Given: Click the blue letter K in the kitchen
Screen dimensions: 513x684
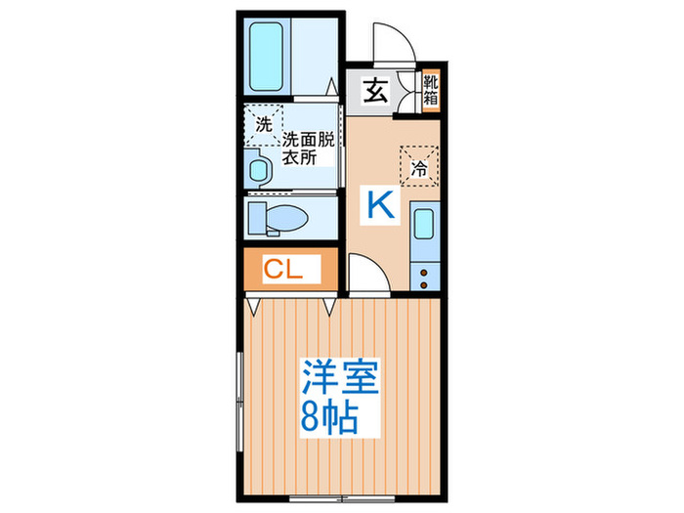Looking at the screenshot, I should pos(381,204).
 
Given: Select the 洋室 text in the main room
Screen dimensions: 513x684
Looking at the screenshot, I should pos(339,376).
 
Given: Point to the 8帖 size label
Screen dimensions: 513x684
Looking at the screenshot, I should pos(327,418).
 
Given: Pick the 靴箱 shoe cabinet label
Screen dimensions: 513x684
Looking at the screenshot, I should pos(431,90).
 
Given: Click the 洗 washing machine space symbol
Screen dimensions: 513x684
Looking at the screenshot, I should pos(263,124).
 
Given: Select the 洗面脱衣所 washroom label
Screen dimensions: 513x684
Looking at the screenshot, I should pos(308,148).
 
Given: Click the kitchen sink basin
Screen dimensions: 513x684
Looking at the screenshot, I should pos(423,225).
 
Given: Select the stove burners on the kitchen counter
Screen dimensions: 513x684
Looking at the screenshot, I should pos(423,276).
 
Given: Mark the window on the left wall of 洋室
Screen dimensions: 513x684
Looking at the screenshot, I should pos(239,391).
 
